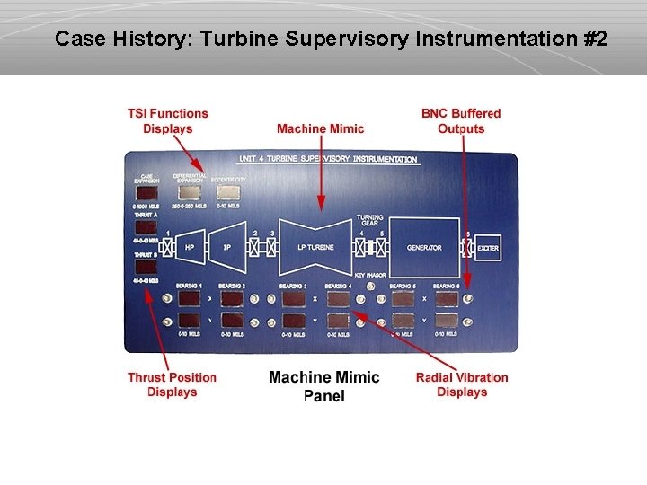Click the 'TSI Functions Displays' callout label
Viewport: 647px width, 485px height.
[167, 121]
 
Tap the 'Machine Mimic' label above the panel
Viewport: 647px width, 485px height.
[320, 128]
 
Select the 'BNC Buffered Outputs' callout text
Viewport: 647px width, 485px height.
[461, 121]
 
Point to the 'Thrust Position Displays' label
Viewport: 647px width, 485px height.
[172, 384]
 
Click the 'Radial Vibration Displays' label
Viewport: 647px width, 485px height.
[462, 384]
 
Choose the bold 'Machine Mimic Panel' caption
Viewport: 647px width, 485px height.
[323, 386]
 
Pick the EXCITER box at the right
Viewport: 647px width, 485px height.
[487, 247]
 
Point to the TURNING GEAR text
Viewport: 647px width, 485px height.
[369, 220]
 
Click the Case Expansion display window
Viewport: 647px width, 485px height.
[146, 192]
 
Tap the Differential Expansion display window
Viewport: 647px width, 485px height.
[190, 192]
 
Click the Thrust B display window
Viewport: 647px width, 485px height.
[146, 267]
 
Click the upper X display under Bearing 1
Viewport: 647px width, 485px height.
[188, 298]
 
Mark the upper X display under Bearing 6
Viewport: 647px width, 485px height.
[446, 298]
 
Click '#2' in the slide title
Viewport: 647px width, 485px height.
[593, 40]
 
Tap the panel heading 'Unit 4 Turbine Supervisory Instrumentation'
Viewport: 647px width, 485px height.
[328, 160]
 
